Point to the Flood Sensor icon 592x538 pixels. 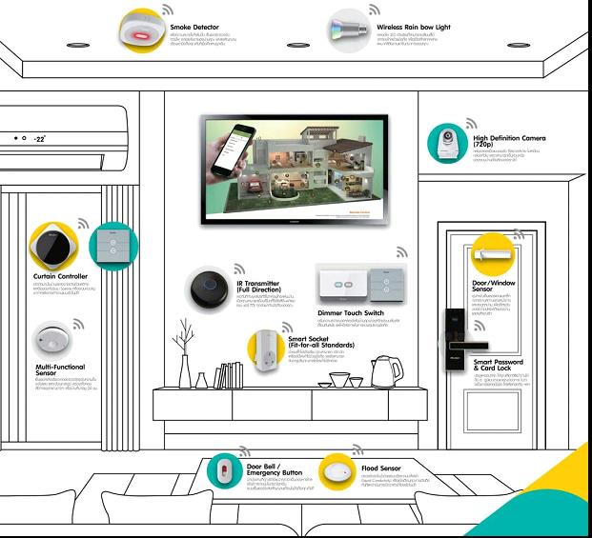click(335, 471)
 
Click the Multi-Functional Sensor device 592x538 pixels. click(50, 339)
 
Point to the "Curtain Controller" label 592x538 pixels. click(59, 276)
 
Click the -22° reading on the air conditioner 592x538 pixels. click(41, 139)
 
